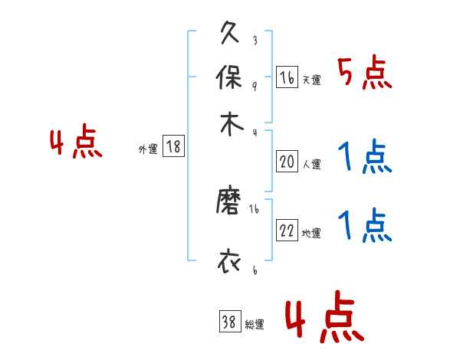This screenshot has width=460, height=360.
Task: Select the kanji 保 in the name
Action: pyautogui.click(x=230, y=80)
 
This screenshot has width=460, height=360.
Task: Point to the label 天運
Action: pyautogui.click(x=311, y=80)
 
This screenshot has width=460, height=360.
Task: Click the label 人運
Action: pyautogui.click(x=311, y=163)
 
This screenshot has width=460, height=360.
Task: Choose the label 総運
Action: pyautogui.click(x=255, y=324)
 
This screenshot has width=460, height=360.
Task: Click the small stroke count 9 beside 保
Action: pyautogui.click(x=254, y=85)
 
